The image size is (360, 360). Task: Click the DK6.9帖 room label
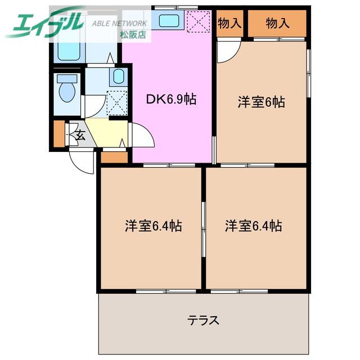171,100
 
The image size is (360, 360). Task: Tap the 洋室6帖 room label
261,102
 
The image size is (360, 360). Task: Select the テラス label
203,320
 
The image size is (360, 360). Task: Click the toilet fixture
67,88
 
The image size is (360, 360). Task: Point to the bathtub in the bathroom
69,51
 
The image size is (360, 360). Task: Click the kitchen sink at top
169,20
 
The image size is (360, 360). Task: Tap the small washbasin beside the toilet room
119,76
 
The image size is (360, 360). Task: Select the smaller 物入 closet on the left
229,23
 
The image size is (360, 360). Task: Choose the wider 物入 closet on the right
277,23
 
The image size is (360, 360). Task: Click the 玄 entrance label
80,135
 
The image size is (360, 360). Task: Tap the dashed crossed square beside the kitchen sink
199,21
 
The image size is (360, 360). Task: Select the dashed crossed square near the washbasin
117,103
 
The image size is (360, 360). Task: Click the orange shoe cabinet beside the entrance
59,133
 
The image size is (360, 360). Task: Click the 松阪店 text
133,35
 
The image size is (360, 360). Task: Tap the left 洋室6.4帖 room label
154,226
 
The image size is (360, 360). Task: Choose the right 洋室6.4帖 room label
254,226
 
